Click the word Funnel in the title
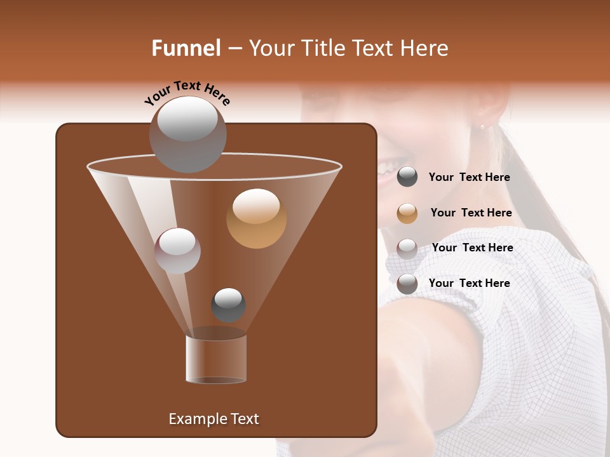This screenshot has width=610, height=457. (x=186, y=48)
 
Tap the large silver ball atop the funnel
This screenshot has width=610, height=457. (x=187, y=134)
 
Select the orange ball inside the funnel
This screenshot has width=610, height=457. (x=256, y=218)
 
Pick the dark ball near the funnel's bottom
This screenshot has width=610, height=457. (x=228, y=305)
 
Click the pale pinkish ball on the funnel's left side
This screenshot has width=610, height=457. (x=177, y=251)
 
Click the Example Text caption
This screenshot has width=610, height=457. (x=213, y=419)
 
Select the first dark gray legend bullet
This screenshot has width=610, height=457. (x=407, y=177)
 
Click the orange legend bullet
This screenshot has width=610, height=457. (x=407, y=213)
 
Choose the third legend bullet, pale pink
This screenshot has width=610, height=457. (x=407, y=248)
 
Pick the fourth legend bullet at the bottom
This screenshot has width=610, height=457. (x=407, y=284)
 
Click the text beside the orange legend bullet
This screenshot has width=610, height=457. (x=471, y=213)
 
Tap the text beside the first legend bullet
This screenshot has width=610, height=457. (x=469, y=178)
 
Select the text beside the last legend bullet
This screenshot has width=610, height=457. (x=469, y=283)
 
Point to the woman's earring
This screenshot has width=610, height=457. (x=482, y=127)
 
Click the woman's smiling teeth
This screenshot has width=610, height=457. (x=385, y=168)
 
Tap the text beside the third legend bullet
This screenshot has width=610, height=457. (x=472, y=248)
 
